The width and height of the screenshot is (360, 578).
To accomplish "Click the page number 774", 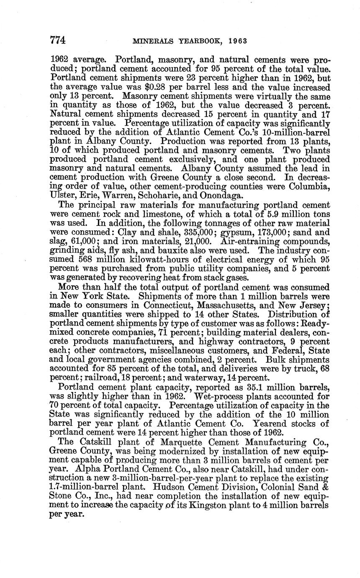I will click(58, 41).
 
